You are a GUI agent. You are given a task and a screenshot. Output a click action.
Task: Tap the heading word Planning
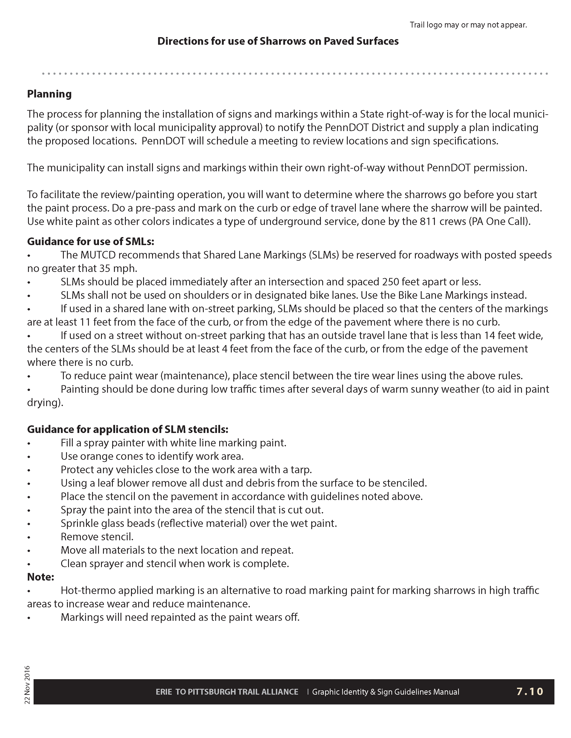pyautogui.click(x=49, y=94)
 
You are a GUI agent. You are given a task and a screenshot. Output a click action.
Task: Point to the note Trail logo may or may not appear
pyautogui.click(x=468, y=25)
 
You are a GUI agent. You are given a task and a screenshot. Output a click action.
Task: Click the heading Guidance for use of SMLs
pyautogui.click(x=91, y=241)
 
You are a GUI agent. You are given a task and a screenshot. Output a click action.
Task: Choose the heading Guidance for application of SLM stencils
pyautogui.click(x=128, y=429)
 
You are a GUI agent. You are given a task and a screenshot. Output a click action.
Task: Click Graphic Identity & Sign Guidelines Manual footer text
pyautogui.click(x=385, y=692)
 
